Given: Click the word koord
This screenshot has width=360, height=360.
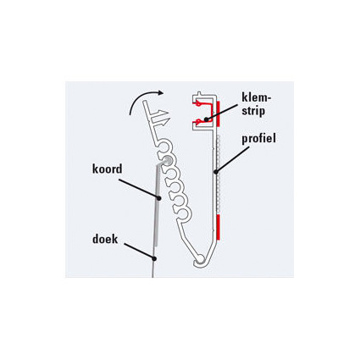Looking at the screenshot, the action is click(108, 169).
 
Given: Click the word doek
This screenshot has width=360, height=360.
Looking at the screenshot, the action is click(105, 239).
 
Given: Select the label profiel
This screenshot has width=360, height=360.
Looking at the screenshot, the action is click(258, 139).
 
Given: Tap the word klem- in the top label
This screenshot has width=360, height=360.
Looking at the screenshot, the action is click(257, 97).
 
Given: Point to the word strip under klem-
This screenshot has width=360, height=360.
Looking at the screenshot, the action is click(253, 110).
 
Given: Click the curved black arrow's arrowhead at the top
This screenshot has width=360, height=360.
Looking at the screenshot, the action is click(161, 92).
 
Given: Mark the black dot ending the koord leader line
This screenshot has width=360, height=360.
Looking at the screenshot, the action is click(158, 198).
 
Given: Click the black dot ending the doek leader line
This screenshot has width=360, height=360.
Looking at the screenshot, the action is click(154, 258).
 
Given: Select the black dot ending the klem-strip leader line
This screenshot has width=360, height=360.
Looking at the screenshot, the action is click(207, 119).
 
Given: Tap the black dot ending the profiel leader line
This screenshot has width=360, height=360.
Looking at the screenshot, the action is click(216, 171).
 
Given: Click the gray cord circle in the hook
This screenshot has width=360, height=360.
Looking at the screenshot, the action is click(166, 160).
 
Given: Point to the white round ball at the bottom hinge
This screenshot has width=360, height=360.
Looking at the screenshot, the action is click(200, 258).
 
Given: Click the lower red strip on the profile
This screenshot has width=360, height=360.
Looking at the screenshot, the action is click(219, 228).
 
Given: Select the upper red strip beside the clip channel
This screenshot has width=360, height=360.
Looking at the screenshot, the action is click(219, 114).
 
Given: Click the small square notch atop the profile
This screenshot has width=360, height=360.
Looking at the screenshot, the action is click(201, 94).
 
